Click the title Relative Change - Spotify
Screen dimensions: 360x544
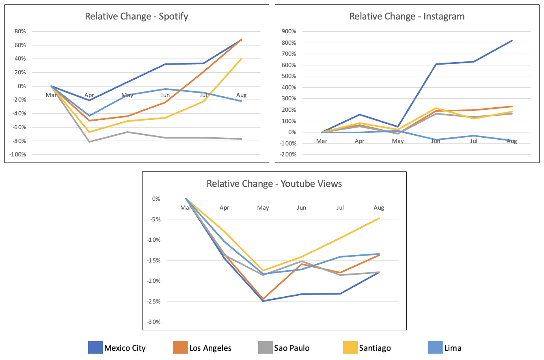tap(136, 17)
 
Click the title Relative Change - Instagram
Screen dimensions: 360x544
tap(407, 17)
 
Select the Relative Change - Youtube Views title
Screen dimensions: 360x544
tap(274, 184)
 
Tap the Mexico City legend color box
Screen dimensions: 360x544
tap(95, 348)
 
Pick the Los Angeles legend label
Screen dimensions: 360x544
tap(210, 348)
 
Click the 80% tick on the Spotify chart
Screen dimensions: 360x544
tap(20, 31)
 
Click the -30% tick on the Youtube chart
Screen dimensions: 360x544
tap(155, 322)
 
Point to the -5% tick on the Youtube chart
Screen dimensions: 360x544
tap(157, 219)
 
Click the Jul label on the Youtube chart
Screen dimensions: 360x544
tap(340, 208)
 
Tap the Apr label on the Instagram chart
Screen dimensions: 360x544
tap(359, 141)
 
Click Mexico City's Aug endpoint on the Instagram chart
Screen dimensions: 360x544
tap(512, 41)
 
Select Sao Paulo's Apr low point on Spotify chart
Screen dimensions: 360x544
tap(89, 141)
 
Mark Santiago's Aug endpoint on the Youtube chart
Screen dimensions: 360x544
tap(379, 218)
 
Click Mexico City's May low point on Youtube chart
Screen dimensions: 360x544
tap(263, 301)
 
